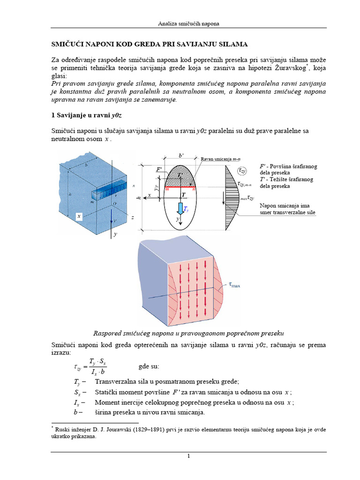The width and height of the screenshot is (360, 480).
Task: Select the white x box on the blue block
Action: [x=80, y=216]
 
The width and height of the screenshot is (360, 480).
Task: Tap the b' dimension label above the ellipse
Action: [x=181, y=155]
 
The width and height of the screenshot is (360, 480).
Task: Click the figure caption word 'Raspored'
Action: [x=111, y=333]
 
